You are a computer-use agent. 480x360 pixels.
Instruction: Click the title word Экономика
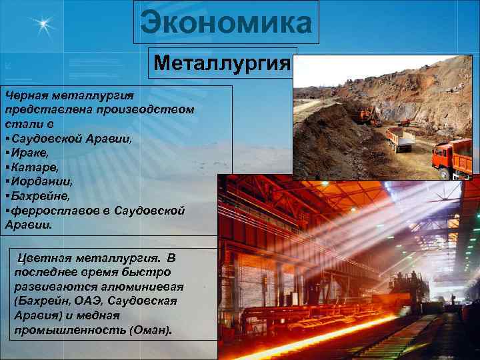[226, 24]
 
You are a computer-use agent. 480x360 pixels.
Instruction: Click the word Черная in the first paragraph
[25, 95]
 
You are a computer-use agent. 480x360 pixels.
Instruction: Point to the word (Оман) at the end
[151, 330]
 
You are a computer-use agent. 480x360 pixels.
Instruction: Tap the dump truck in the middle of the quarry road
[399, 139]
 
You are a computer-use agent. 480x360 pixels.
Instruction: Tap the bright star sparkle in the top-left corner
[44, 26]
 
